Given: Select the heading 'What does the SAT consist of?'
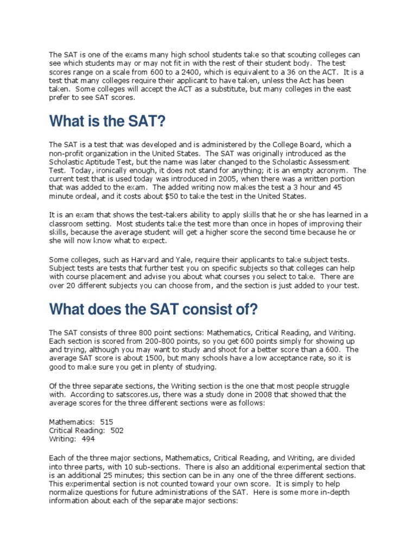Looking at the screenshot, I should point(153,309).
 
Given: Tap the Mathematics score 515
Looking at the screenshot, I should point(107,421).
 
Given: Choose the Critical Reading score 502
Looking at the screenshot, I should point(117,430).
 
